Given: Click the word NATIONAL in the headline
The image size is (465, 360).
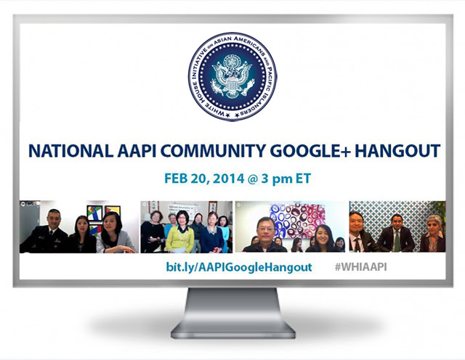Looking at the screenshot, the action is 70,151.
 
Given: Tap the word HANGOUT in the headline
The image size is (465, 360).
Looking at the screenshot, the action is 397,151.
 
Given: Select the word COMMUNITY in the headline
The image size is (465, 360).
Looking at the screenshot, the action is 213,151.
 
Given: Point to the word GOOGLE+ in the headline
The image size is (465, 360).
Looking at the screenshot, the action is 310,151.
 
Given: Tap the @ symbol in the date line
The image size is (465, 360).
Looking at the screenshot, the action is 253,179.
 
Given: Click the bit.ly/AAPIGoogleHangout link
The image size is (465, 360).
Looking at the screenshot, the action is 239,267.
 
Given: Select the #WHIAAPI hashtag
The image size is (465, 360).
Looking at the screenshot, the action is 360,267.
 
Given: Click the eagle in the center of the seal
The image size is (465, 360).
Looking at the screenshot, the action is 232,76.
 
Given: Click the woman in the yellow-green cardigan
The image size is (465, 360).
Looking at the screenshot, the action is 180,232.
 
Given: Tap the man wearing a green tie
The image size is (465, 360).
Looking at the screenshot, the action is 395,233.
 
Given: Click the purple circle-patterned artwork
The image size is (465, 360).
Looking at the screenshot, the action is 298,221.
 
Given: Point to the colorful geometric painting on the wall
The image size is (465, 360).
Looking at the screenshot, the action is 95,213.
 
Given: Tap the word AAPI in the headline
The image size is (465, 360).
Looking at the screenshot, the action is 137,151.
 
